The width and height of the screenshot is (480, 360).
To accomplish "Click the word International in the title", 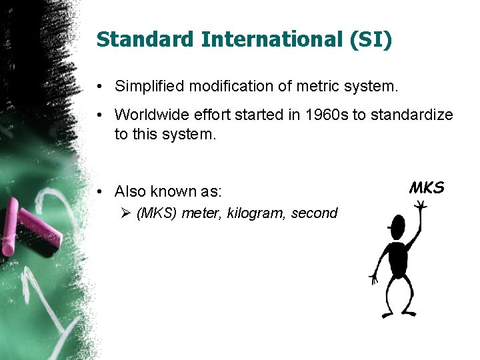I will coord(267,39).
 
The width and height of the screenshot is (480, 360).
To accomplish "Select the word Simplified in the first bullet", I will coord(145,86).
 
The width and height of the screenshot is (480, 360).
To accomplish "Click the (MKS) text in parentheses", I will coord(157,213).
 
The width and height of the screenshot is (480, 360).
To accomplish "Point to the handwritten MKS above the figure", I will coord(427,188).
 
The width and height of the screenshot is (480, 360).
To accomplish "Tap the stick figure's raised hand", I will coord(421,207).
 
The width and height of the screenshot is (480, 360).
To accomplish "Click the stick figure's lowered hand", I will coord(375,277).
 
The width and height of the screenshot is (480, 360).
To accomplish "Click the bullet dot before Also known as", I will coord(99,192).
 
